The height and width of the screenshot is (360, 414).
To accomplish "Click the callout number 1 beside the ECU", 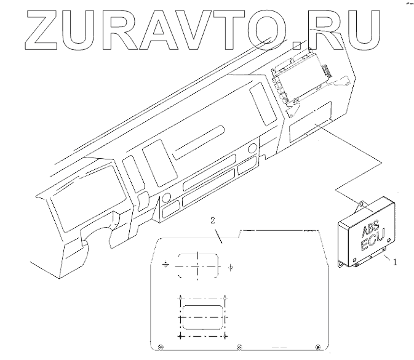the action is pos(395,262).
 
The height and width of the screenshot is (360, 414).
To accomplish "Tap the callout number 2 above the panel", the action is pos(212,220).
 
